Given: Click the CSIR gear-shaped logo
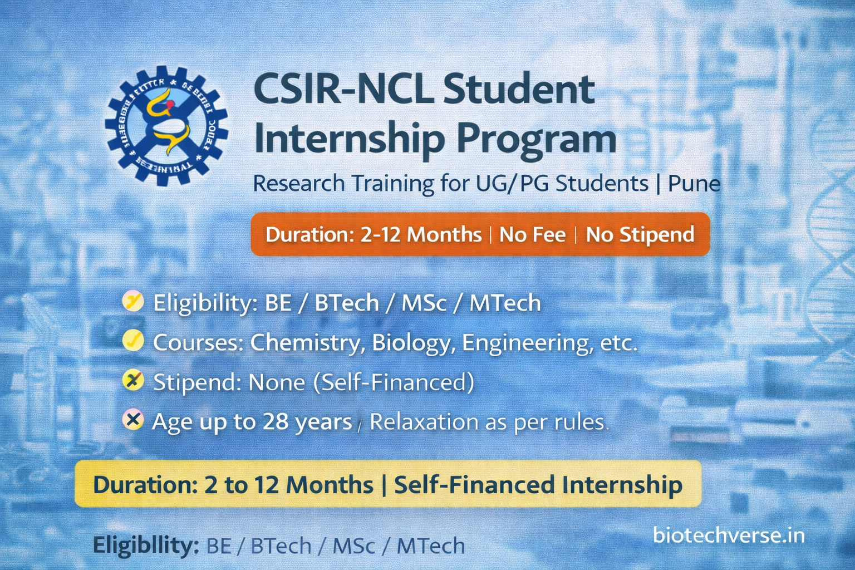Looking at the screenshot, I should [x=166, y=126].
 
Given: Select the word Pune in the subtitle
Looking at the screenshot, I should [x=694, y=183].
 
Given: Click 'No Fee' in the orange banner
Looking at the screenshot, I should [x=532, y=234].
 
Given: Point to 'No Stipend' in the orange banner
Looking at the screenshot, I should [x=640, y=234].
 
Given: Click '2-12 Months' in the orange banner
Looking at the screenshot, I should [x=421, y=234].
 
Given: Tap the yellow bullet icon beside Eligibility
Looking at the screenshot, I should [x=133, y=302].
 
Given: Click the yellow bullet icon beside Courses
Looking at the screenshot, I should [x=133, y=341].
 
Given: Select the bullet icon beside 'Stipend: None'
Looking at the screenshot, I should [x=133, y=381].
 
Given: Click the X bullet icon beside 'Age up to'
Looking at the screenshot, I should [x=133, y=420].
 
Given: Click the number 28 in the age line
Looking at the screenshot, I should [x=275, y=422].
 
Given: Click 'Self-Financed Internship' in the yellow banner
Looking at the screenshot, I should [x=538, y=484].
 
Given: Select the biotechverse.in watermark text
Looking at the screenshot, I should [x=728, y=535].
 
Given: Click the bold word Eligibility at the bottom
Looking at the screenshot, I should [x=146, y=545].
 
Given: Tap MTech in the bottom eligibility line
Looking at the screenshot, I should [x=430, y=546].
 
